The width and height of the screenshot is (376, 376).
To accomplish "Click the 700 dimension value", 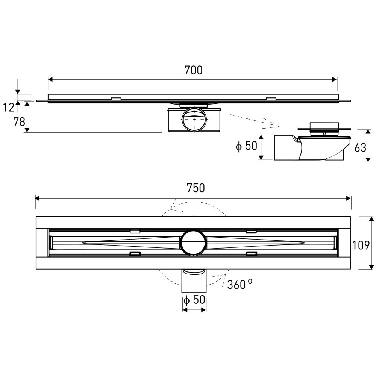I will coord(193,70).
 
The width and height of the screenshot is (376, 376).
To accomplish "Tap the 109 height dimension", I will coord(361,245).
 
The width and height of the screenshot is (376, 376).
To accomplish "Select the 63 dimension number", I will coord(360,147).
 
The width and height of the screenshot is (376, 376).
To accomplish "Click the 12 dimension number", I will coord(9,108).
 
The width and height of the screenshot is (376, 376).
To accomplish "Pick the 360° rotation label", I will coord(239,285).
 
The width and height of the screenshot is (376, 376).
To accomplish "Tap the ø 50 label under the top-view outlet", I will coord(194,300).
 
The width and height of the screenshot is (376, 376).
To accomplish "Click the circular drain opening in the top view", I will coord(193,243).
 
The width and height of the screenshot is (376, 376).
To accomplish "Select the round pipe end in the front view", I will coord(194,120).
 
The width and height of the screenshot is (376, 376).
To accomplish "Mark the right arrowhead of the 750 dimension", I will coord(349,198).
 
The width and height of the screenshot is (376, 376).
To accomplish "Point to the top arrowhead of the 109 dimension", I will coord(371,219).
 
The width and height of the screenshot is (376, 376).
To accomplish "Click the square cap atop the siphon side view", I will coord(324,125).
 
